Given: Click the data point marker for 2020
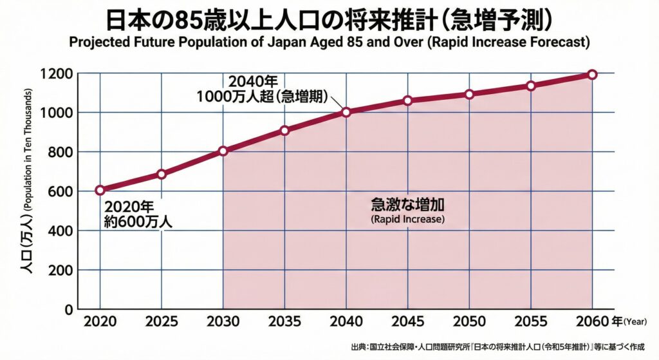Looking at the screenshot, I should tap(100, 190).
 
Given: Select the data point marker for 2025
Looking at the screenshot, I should tap(162, 174).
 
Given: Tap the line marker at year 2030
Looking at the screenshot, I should tap(223, 151).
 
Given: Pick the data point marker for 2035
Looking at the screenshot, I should tap(284, 131).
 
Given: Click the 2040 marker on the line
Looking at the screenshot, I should tap(346, 112).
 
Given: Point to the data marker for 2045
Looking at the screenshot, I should tap(407, 100).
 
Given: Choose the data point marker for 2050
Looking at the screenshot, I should tap(469, 94).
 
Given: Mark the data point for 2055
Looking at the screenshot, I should tap(530, 86).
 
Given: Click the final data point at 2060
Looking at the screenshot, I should tap(592, 75).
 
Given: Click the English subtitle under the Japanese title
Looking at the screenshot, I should tap(329, 43).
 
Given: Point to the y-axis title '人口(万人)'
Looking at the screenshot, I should tap(28, 251).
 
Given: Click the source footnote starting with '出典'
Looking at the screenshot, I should tap(501, 347).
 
